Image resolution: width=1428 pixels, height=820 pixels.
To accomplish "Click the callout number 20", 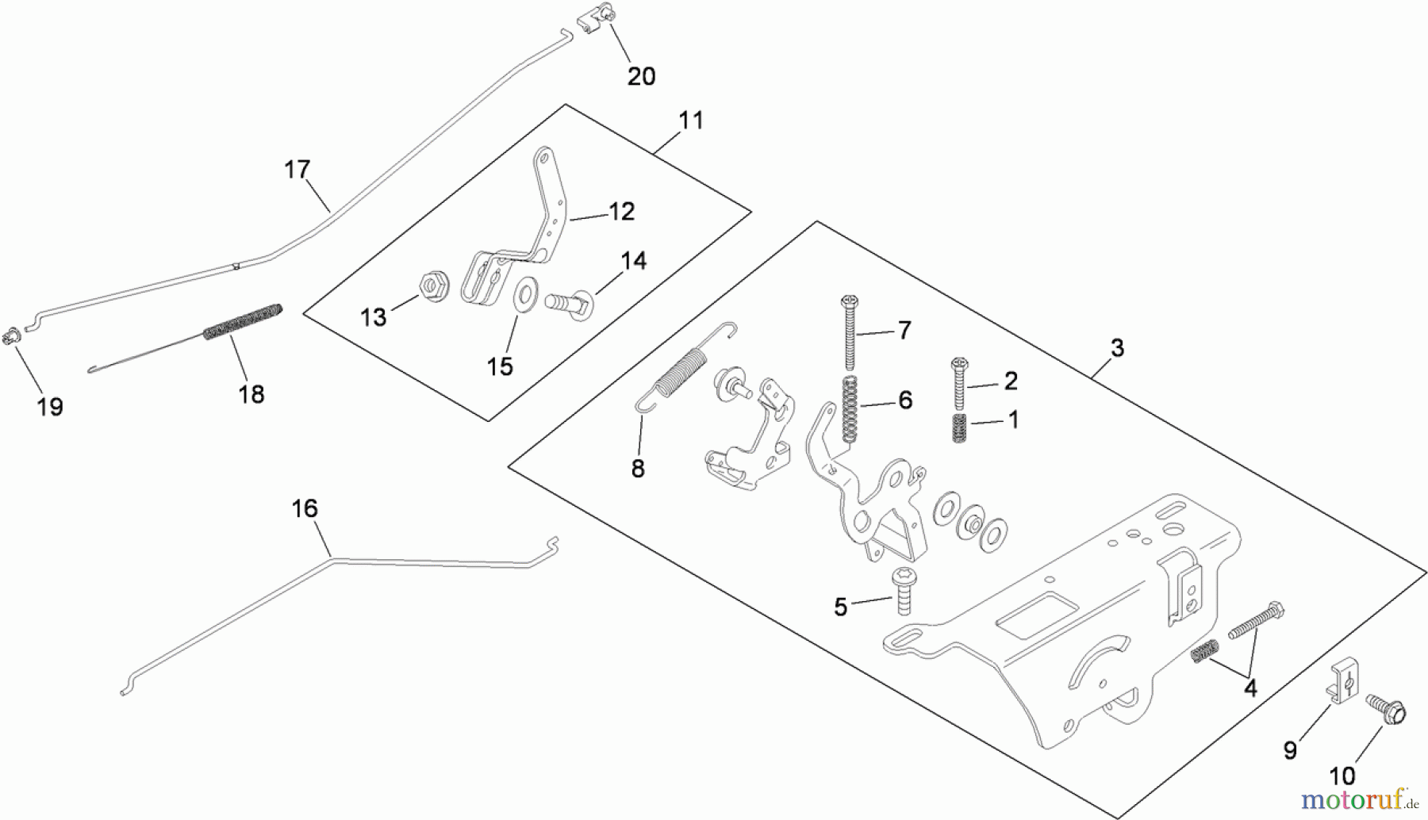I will (641, 76).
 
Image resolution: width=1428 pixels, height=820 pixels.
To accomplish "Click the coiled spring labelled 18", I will (244, 320).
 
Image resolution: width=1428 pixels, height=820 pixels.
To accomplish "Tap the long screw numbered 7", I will (850, 333).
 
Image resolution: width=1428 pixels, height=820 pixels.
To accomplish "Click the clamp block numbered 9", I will (1342, 683).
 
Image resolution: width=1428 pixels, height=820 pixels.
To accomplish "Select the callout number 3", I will (1116, 347).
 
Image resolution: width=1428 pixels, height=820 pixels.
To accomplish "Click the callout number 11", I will (691, 121).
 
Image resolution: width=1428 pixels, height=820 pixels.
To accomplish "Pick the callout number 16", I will (305, 508).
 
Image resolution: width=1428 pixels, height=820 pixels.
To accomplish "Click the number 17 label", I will (297, 170).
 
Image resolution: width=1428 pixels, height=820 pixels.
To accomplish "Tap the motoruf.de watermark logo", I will (1361, 796).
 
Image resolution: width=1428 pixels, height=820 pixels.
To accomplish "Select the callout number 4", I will (1250, 688).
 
